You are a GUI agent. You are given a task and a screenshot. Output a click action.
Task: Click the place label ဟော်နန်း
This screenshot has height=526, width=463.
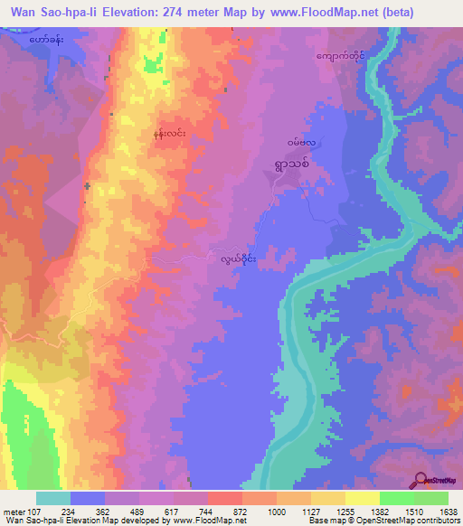(x=46, y=41)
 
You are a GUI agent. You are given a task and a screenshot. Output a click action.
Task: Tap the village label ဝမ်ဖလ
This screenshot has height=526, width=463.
(x=301, y=143)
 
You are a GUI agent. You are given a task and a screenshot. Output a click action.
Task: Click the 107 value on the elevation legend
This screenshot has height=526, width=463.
(x=36, y=511)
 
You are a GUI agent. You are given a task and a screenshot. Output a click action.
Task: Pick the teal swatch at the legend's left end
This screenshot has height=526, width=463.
(x=53, y=498)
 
